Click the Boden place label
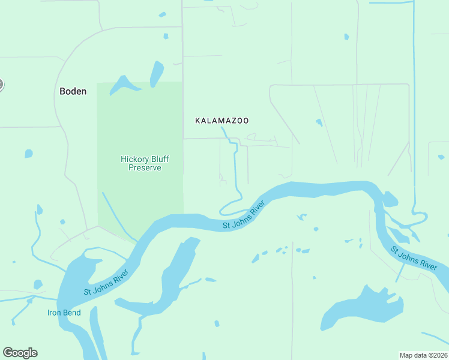73,92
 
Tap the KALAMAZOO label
222,121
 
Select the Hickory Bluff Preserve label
145,163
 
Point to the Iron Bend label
64,313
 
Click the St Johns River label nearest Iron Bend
106,283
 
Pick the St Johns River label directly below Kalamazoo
244,215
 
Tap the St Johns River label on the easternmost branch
414,259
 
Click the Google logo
20,353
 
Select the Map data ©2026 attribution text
423,355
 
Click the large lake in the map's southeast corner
363,309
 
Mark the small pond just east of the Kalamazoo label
319,122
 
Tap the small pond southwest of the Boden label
28,154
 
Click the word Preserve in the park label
145,168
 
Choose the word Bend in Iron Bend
72,313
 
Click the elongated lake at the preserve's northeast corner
157,73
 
